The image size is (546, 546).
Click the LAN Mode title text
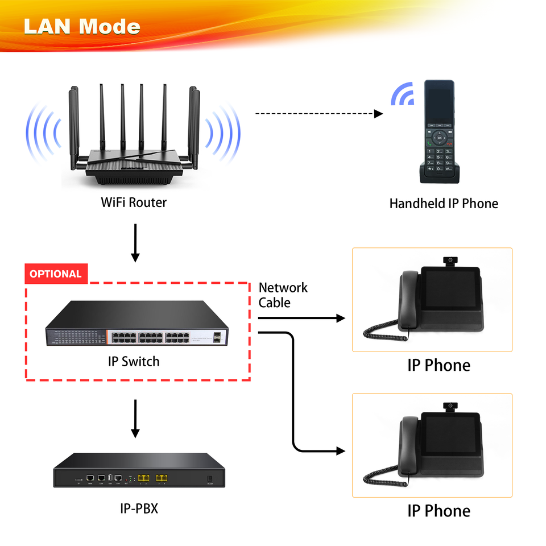pyautogui.click(x=82, y=26)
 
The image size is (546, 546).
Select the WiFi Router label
pyautogui.click(x=134, y=202)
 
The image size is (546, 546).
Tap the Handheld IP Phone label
pyautogui.click(x=444, y=204)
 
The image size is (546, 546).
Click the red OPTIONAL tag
pyautogui.click(x=56, y=274)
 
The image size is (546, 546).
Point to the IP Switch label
pyautogui.click(x=134, y=361)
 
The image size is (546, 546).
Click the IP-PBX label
pyautogui.click(x=139, y=508)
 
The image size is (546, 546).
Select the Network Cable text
pyautogui.click(x=283, y=295)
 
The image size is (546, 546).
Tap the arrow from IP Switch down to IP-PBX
pyautogui.click(x=135, y=419)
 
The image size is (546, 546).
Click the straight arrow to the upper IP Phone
pyautogui.click(x=301, y=318)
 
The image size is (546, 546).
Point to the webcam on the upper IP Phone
pyautogui.click(x=450, y=261)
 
